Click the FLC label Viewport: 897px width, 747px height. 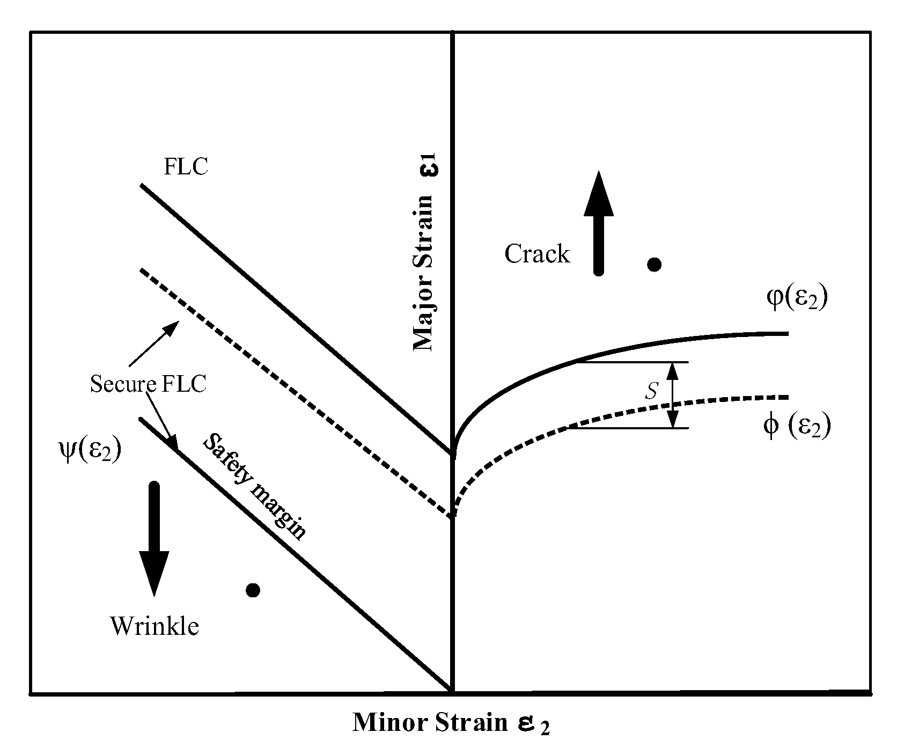[186, 167]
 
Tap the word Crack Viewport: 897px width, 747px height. [537, 254]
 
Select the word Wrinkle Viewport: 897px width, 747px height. [155, 626]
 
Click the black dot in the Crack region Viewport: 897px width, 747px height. [654, 264]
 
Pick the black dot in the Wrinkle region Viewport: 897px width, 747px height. [253, 590]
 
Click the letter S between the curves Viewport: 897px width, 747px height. [651, 392]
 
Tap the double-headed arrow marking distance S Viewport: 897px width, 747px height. [673, 395]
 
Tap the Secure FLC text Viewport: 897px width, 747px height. [148, 385]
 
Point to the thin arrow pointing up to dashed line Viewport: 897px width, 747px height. [154, 343]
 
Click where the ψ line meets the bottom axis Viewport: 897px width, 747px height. [452, 691]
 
